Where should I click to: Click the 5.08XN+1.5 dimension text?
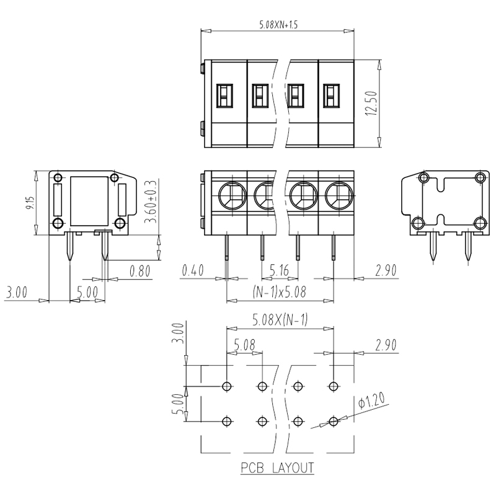point(278,25)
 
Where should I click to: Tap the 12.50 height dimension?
point(371,103)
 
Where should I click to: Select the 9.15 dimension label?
point(30,203)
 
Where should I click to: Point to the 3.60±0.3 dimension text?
point(151,201)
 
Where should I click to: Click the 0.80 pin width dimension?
point(140,271)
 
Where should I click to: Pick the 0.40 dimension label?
point(193,270)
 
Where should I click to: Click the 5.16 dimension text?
point(279,270)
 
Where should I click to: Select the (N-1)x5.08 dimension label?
point(280,291)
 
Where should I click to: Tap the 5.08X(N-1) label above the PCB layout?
point(280,321)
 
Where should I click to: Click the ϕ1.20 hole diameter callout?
point(371,400)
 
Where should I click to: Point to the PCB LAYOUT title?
point(277,467)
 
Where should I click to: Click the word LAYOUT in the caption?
point(293,467)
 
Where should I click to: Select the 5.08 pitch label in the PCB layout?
point(244,345)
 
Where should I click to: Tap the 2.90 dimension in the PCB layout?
point(386,345)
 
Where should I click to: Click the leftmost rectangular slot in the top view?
point(224,96)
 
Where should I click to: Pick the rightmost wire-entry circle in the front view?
point(339,196)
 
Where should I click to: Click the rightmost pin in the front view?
point(333,247)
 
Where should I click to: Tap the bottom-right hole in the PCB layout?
point(333,422)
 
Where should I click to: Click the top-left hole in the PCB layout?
point(226,386)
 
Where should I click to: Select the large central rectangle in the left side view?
point(89,201)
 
